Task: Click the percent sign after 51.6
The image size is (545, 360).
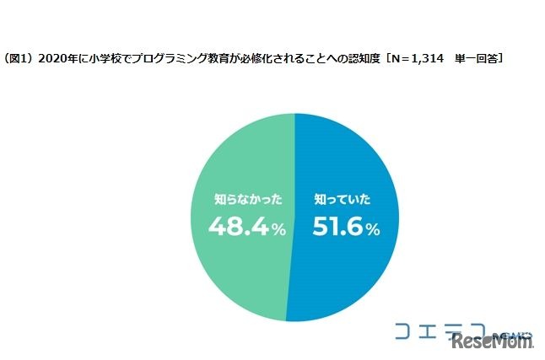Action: (x=372, y=230)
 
